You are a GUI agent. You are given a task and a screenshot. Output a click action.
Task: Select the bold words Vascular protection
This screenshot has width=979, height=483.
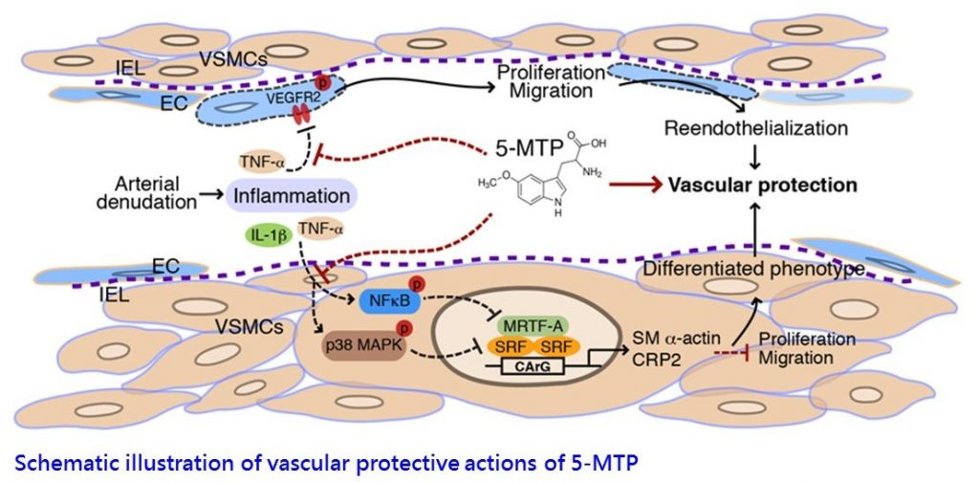tap(748, 185)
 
